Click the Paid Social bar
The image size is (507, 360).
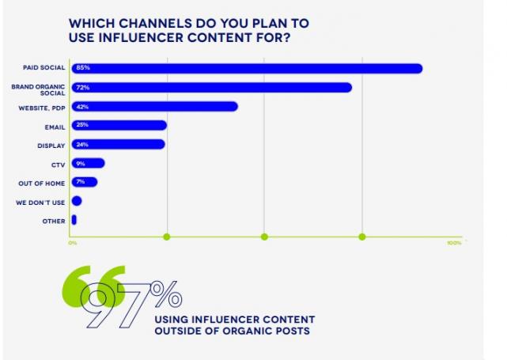[247, 68]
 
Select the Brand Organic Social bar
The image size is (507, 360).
[211, 87]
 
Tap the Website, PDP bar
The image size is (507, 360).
[154, 106]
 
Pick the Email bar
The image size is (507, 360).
[119, 125]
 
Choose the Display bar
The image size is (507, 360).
[118, 144]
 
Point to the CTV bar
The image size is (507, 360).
[88, 163]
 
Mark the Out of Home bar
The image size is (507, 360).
[84, 182]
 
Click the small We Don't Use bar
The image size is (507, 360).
[76, 201]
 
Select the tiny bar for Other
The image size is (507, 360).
[74, 220]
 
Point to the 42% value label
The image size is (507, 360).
[81, 106]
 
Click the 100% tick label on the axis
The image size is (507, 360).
[454, 243]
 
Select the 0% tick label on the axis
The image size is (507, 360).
[73, 243]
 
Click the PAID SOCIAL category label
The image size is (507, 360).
[44, 68]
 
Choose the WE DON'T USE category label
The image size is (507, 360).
[40, 203]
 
